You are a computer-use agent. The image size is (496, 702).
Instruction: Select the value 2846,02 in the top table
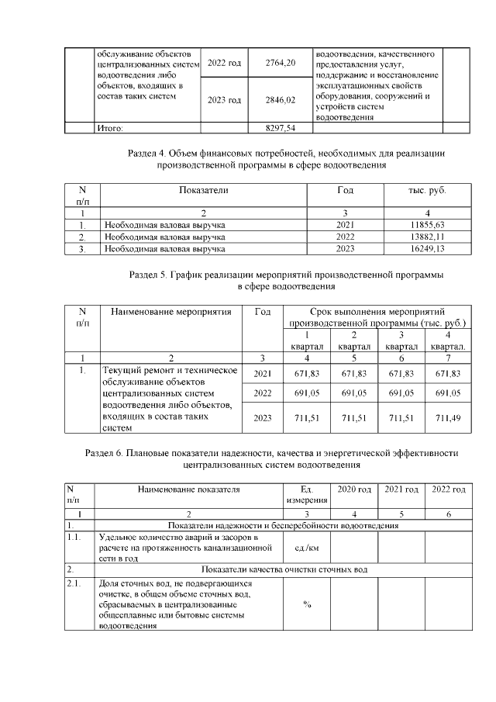281,100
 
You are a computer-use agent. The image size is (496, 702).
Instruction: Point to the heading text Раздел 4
148,154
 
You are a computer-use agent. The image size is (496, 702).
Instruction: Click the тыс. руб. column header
427,190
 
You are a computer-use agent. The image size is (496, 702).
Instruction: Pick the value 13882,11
427,237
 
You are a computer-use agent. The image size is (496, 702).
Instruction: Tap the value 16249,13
427,249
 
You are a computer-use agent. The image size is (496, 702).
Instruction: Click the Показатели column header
203,190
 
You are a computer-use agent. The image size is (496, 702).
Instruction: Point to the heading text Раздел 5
150,275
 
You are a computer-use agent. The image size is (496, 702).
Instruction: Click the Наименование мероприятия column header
171,312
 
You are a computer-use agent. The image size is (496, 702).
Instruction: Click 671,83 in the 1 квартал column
307,375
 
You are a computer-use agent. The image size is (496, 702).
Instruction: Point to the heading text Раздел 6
105,452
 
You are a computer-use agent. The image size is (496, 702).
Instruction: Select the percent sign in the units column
308,605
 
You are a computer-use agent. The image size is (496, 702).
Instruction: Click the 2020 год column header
354,489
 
